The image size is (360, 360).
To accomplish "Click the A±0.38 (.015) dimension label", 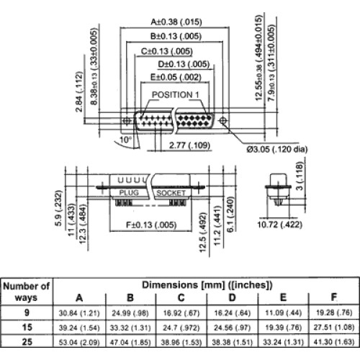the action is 176,22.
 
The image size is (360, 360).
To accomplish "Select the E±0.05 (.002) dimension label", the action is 176,77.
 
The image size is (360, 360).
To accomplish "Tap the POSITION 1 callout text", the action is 176,95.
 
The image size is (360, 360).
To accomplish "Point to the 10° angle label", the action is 125,140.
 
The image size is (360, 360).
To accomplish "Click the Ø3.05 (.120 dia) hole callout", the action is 277,149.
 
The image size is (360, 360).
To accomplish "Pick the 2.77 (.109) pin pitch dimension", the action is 189,145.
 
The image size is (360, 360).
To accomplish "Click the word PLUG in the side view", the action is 129,192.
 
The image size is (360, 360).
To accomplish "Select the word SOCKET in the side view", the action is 171,193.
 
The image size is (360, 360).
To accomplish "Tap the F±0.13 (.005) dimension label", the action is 151,225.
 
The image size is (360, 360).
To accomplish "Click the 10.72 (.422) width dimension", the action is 279,225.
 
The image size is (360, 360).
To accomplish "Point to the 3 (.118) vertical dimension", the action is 300,176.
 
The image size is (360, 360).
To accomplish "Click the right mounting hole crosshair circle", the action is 223,120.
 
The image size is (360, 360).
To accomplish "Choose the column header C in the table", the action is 181,297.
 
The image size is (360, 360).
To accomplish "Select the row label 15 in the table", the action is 27,327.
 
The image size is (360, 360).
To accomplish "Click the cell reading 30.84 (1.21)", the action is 79,313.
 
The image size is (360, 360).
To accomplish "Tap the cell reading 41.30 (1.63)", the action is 334,342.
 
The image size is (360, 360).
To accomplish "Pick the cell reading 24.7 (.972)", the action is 181,328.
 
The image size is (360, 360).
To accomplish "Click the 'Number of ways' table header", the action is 26,292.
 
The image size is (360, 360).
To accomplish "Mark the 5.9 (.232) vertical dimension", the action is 58,208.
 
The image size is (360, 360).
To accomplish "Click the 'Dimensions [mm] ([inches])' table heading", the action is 207,285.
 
